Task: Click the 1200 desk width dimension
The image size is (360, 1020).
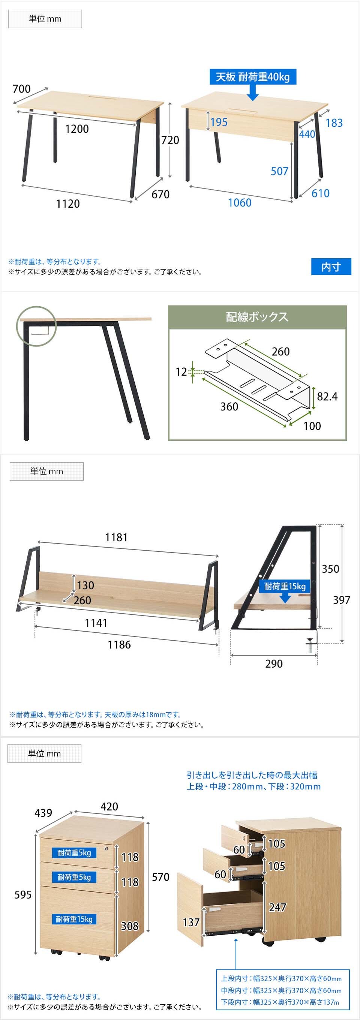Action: click(x=77, y=129)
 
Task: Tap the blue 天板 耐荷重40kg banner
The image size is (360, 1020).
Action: click(x=253, y=77)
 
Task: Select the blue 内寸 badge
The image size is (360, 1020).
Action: click(x=331, y=267)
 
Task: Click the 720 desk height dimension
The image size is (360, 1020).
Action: click(x=170, y=140)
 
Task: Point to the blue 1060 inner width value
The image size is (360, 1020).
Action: click(x=240, y=203)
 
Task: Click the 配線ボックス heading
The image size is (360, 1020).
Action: click(x=257, y=317)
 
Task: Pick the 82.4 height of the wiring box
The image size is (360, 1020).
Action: click(x=327, y=396)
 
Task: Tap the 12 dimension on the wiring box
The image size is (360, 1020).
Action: click(x=181, y=372)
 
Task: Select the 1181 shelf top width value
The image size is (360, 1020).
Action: click(x=116, y=537)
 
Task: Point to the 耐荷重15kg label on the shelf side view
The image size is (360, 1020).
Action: click(x=285, y=586)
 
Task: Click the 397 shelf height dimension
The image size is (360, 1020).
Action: click(x=341, y=600)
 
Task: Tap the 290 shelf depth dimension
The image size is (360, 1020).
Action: click(x=274, y=664)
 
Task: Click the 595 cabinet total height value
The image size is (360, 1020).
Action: click(x=23, y=894)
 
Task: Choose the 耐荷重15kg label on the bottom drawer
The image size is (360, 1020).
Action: click(x=74, y=920)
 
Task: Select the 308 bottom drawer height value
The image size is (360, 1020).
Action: click(x=129, y=926)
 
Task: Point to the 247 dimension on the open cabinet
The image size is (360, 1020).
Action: click(x=277, y=907)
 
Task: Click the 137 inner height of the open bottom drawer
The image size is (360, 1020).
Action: click(x=191, y=923)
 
